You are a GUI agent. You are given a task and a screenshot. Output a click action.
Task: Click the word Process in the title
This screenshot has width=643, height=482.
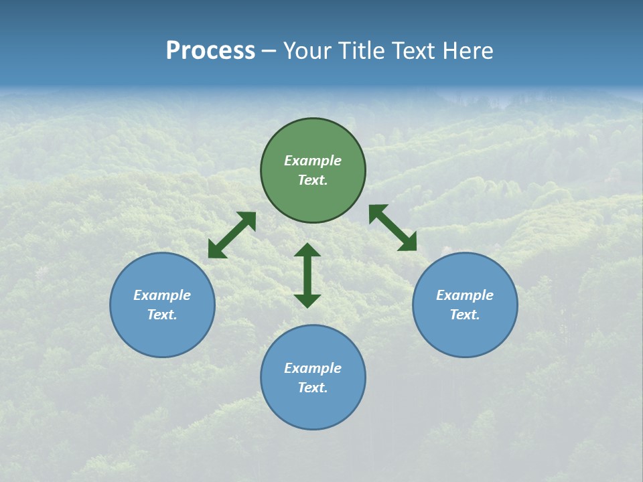tap(210, 51)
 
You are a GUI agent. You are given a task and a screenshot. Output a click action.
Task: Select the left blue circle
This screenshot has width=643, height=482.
tap(162, 335)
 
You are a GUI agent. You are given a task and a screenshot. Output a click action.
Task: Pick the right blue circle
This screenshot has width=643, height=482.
tap(465, 335)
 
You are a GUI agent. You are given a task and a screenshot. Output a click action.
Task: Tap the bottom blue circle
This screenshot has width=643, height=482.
tap(313, 408)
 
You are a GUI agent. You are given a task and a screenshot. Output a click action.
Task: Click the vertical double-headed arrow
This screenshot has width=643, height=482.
tap(307, 275)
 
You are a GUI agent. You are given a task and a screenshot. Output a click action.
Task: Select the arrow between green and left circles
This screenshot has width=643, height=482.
tap(232, 235)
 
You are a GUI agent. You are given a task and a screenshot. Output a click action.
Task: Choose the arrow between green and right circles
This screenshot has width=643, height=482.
tap(392, 228)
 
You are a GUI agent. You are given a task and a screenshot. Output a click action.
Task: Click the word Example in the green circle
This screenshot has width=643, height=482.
tap(313, 161)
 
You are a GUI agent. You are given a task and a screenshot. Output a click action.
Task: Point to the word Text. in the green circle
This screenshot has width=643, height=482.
tap(313, 180)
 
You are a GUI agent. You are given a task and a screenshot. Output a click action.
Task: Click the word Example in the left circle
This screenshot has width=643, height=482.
tap(162, 295)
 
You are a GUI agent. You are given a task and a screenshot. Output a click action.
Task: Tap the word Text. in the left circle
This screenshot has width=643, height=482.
tap(162, 315)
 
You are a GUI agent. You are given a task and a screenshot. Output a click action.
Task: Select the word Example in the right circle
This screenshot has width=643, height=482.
tap(465, 295)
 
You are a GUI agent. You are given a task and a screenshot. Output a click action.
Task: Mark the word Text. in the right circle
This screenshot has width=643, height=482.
tap(465, 315)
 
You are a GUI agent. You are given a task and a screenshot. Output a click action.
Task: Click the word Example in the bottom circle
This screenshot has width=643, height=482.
tap(313, 368)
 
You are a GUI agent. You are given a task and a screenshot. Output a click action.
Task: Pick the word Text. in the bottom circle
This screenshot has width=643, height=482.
tap(313, 388)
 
